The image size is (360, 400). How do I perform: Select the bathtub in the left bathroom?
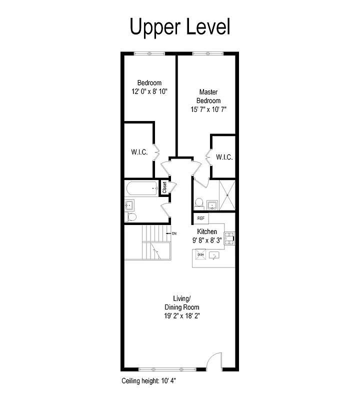pyautogui.click(x=142, y=188)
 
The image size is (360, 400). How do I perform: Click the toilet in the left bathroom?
pyautogui.click(x=131, y=216)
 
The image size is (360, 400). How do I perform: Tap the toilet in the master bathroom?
pyautogui.click(x=198, y=203)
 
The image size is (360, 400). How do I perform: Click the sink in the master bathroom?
pyautogui.click(x=212, y=204)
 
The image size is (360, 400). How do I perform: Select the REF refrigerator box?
pyautogui.click(x=201, y=218)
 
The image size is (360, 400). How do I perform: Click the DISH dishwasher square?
pyautogui.click(x=200, y=255)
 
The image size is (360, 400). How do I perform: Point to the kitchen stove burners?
pyautogui.click(x=229, y=239)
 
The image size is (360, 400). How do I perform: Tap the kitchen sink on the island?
pyautogui.click(x=214, y=255)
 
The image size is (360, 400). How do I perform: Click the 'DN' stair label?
pyautogui.click(x=174, y=233)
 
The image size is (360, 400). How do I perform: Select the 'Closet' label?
pyautogui.click(x=164, y=187)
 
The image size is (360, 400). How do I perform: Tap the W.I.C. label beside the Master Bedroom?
pyautogui.click(x=224, y=157)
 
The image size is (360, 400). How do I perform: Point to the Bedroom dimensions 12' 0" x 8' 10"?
pyautogui.click(x=149, y=91)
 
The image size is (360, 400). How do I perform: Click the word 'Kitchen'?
pyautogui.click(x=207, y=231)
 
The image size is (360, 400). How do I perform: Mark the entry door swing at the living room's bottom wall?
pyautogui.click(x=213, y=361)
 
